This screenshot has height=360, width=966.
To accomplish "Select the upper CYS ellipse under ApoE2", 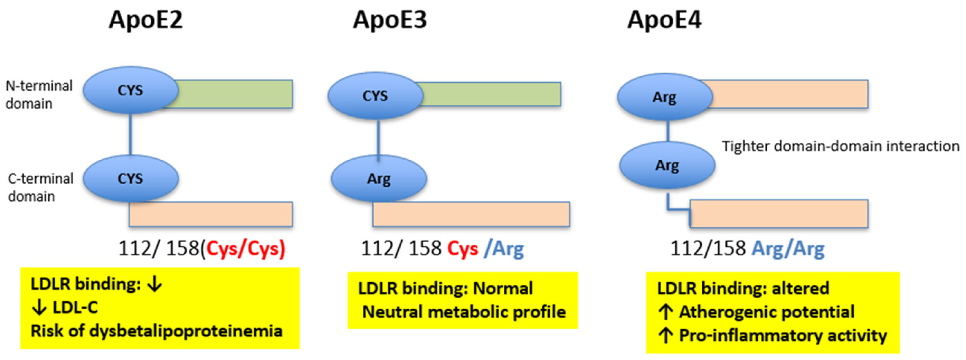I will point(130,90).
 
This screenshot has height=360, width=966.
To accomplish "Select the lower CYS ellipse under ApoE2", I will point(130,178).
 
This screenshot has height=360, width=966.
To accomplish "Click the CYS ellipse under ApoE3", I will point(375,96).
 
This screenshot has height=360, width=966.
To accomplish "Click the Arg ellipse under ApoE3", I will point(378,178).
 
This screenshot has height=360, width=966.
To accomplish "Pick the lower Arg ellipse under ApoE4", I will point(667,165).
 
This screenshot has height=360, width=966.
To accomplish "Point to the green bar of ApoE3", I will point(491,94).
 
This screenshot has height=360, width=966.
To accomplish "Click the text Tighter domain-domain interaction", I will point(840,146).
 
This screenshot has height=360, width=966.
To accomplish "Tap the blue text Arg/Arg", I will point(788,248).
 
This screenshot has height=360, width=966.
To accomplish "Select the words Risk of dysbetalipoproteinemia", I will point(156,331).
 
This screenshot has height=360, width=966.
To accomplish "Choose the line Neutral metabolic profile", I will point(464,312).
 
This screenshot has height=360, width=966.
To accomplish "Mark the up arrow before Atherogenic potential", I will point(665,312).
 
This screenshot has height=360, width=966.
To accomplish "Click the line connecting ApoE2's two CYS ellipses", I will point(130,134).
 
